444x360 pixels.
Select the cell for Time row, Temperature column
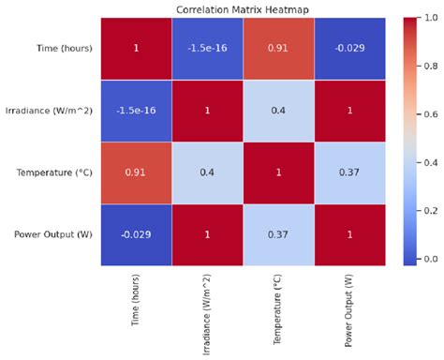coord(278,48)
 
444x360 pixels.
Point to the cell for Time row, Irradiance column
coord(208,48)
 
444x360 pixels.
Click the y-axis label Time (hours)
coord(66,48)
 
